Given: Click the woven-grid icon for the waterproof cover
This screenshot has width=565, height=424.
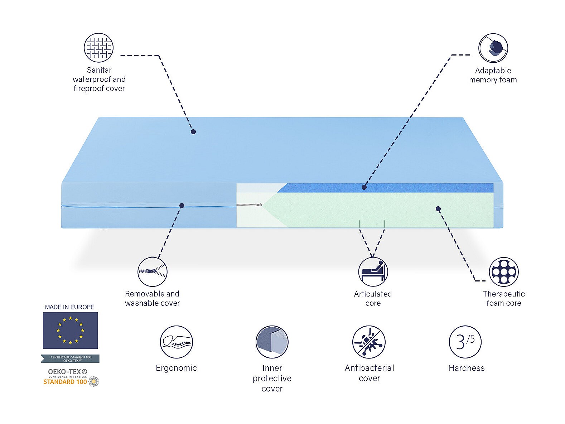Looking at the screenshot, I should (x=98, y=48).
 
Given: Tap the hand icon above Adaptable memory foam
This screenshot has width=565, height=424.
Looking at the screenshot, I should (x=493, y=48).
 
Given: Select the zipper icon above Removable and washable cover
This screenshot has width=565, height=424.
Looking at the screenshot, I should (x=153, y=271).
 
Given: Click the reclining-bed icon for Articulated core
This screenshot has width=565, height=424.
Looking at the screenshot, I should (x=373, y=272).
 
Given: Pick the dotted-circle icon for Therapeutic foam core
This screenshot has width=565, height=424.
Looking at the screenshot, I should (x=503, y=272).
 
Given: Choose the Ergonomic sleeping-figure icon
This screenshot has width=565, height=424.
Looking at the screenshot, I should (x=176, y=342).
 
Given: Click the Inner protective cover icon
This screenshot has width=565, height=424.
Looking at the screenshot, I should (x=272, y=342).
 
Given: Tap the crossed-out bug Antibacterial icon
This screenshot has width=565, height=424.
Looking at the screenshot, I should (x=369, y=342).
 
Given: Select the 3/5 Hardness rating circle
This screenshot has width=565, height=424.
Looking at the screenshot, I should (x=465, y=342).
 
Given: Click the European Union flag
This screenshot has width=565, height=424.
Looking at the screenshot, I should (x=70, y=330).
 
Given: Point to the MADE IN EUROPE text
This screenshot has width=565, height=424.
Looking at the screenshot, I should (x=70, y=307).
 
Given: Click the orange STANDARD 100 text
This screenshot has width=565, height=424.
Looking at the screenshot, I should (x=65, y=382).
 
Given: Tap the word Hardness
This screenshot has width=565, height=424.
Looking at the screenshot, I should (x=466, y=368).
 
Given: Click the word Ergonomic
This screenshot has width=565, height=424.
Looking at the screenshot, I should (x=176, y=368).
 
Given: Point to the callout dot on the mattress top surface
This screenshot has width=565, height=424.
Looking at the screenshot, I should (x=193, y=132).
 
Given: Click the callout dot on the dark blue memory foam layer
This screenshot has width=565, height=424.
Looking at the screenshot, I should (x=364, y=187).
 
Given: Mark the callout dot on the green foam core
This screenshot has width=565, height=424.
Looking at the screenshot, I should (x=438, y=209).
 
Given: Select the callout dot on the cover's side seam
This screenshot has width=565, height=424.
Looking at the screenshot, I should (x=182, y=206).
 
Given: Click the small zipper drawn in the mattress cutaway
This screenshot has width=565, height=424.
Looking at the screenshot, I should (x=249, y=205).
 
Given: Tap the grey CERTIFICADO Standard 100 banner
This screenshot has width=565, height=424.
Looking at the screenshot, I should (x=70, y=358).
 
